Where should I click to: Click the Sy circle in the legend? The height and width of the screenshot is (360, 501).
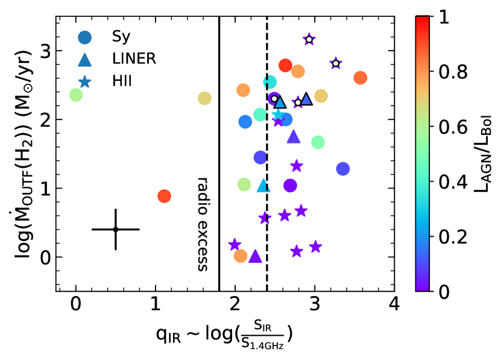point(85,37)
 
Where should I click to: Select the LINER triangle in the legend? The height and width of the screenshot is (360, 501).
point(85,59)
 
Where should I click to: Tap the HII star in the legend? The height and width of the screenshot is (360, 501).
point(85,81)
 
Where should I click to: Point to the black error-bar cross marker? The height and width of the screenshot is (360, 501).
point(116,229)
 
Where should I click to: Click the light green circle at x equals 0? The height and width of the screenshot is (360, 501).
point(76,95)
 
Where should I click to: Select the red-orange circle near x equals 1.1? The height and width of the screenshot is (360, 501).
point(164,196)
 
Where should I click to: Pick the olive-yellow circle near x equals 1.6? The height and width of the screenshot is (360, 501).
point(204,98)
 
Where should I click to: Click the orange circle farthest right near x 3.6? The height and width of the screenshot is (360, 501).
point(361,78)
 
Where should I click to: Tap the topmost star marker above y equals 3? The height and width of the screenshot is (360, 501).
point(309,40)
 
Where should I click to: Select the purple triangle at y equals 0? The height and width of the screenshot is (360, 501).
point(255,256)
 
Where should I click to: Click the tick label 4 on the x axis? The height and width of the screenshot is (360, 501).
point(394,303)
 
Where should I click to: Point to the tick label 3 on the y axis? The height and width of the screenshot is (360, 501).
point(44,51)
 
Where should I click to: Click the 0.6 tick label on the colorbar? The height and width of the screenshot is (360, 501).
point(454,128)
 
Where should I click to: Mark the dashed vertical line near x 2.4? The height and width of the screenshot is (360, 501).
point(266,181)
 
